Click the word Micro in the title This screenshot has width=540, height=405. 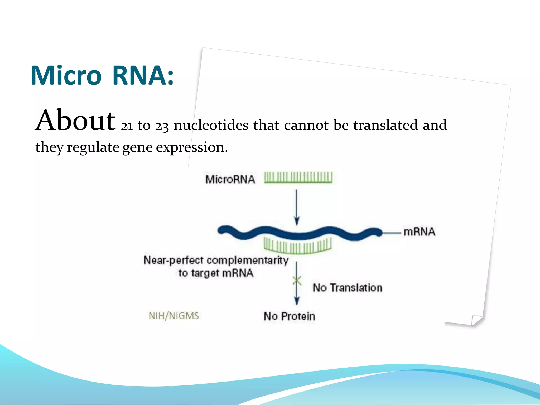point(66,76)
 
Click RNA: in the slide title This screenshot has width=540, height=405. point(143,76)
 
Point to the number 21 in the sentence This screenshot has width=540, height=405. point(127,126)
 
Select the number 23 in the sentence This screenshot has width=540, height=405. point(161,126)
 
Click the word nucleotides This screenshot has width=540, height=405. point(211,125)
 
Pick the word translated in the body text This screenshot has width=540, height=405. point(385,125)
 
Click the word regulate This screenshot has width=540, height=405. point(93,147)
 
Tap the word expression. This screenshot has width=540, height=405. point(191,147)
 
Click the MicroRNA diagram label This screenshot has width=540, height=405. point(230,180)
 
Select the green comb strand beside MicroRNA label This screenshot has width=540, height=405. point(298,177)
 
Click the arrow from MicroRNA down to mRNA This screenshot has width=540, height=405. point(297,207)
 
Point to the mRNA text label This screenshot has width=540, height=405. point(419,232)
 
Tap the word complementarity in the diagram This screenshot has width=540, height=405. point(247,261)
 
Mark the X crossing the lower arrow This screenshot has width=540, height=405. point(297,281)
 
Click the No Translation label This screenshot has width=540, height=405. point(347,288)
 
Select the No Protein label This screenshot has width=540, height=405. point(289,316)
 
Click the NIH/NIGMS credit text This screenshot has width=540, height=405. point(174,316)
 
